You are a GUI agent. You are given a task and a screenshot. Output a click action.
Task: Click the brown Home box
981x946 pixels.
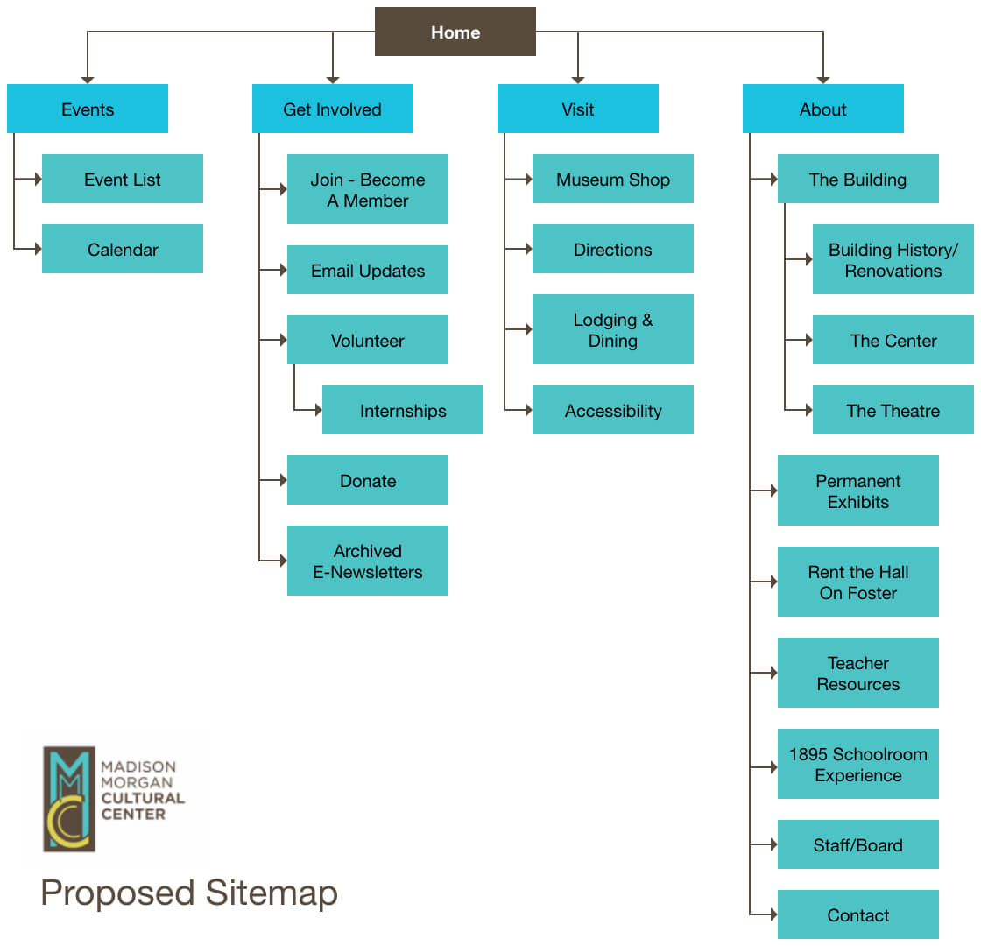point(455,32)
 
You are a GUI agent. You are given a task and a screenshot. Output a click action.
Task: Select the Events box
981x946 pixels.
point(88,109)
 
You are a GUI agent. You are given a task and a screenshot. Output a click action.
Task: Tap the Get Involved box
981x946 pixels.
point(332,109)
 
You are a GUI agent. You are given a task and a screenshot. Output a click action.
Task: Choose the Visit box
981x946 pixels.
point(577,109)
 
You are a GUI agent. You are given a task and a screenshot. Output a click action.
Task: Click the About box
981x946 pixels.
point(822,109)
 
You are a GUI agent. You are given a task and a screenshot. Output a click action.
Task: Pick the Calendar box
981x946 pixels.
point(123,249)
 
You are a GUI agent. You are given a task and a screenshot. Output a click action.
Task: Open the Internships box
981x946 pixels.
point(403,410)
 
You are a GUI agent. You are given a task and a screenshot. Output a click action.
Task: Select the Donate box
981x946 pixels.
point(368,480)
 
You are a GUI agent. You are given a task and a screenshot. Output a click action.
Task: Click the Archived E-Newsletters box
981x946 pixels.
point(368,561)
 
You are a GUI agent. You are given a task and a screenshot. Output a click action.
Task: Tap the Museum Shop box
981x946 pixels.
point(613,179)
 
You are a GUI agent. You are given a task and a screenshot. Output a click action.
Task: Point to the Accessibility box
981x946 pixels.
point(613,410)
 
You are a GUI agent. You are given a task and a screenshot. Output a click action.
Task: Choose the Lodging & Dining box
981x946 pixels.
point(613,329)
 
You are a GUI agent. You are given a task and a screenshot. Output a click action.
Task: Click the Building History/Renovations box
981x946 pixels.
point(893,259)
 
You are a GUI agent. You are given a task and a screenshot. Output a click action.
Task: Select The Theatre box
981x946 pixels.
point(893,410)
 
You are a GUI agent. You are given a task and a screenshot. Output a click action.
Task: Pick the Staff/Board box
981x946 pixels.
point(858,844)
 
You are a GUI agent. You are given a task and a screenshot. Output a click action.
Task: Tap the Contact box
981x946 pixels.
point(858,914)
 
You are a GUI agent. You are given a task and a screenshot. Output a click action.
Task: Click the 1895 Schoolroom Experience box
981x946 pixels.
point(858,764)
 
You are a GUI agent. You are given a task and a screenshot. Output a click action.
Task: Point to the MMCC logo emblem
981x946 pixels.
point(68,798)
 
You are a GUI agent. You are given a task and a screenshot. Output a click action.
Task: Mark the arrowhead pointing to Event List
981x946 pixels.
point(38,179)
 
